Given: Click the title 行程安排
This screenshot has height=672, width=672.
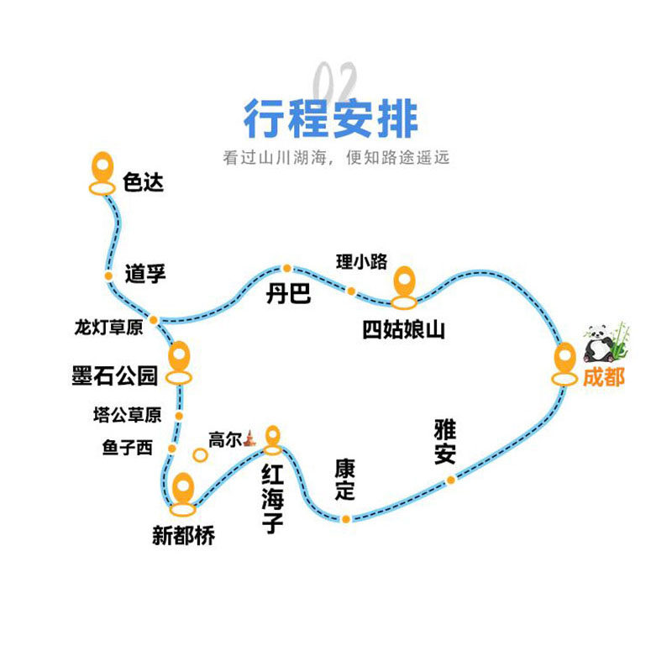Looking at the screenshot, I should [x=331, y=118].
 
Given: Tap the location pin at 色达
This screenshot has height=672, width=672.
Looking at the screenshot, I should [x=102, y=171].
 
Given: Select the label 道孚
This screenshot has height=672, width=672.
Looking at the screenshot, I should [x=144, y=273].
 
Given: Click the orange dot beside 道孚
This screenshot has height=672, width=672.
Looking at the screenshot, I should [x=108, y=276].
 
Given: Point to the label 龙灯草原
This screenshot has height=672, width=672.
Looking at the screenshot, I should [x=108, y=328].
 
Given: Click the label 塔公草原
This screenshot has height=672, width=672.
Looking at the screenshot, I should [x=127, y=415].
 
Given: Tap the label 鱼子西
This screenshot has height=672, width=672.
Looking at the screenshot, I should [x=128, y=449].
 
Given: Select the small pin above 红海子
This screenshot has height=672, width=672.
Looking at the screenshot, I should [x=272, y=436].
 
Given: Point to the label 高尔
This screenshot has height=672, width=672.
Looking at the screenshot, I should [x=224, y=439].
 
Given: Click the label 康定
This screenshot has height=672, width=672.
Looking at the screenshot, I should [x=344, y=480].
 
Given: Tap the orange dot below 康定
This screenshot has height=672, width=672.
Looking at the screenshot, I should [x=345, y=518].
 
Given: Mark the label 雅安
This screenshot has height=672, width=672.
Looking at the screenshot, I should [x=445, y=442].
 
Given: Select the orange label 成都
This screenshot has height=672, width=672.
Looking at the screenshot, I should [x=603, y=378].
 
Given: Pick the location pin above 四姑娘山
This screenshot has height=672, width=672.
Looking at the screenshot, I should [x=404, y=284].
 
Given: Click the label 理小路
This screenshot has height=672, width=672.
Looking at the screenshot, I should [x=362, y=261].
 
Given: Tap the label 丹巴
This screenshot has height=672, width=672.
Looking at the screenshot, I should [x=288, y=294].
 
